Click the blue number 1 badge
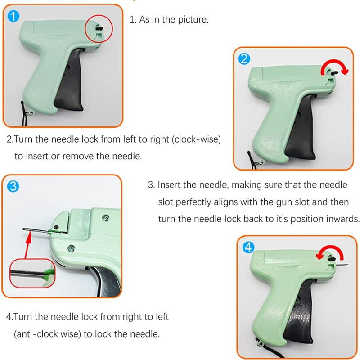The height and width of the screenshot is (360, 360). (13, 16)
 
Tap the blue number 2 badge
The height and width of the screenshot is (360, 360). (244, 59)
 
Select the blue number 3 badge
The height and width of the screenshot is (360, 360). (13, 186)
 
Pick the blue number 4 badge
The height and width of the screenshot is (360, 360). (248, 247)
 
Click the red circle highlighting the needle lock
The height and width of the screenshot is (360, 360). (99, 15)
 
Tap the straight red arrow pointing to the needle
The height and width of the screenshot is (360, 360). (28, 245)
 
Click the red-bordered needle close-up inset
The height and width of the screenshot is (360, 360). (32, 273)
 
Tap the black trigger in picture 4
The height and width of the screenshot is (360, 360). (300, 317)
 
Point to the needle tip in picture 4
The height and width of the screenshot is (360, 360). (349, 265)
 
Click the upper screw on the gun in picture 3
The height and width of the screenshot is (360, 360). (106, 218)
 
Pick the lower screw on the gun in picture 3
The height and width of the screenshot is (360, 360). (71, 248)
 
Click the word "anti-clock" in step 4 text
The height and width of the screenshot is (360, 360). (38, 334)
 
